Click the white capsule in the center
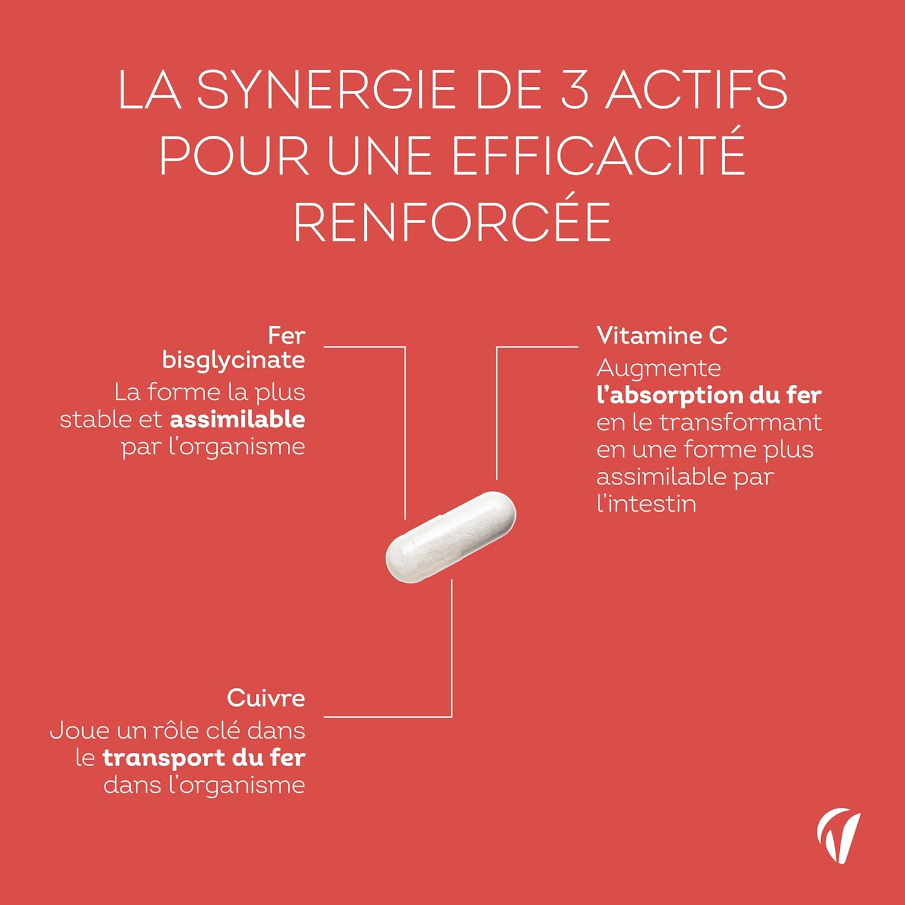click(x=451, y=537)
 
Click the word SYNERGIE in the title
click(x=326, y=90)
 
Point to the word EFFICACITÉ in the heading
click(x=598, y=155)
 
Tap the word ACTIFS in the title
click(x=697, y=90)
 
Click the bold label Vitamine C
click(x=662, y=335)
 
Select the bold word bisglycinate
click(x=233, y=360)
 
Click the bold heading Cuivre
click(x=266, y=698)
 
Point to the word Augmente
click(x=658, y=368)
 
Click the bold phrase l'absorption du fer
click(x=709, y=395)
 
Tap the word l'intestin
click(x=646, y=504)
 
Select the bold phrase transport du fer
click(x=204, y=758)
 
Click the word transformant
click(x=740, y=422)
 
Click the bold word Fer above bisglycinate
click(x=287, y=335)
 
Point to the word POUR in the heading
click(x=235, y=155)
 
